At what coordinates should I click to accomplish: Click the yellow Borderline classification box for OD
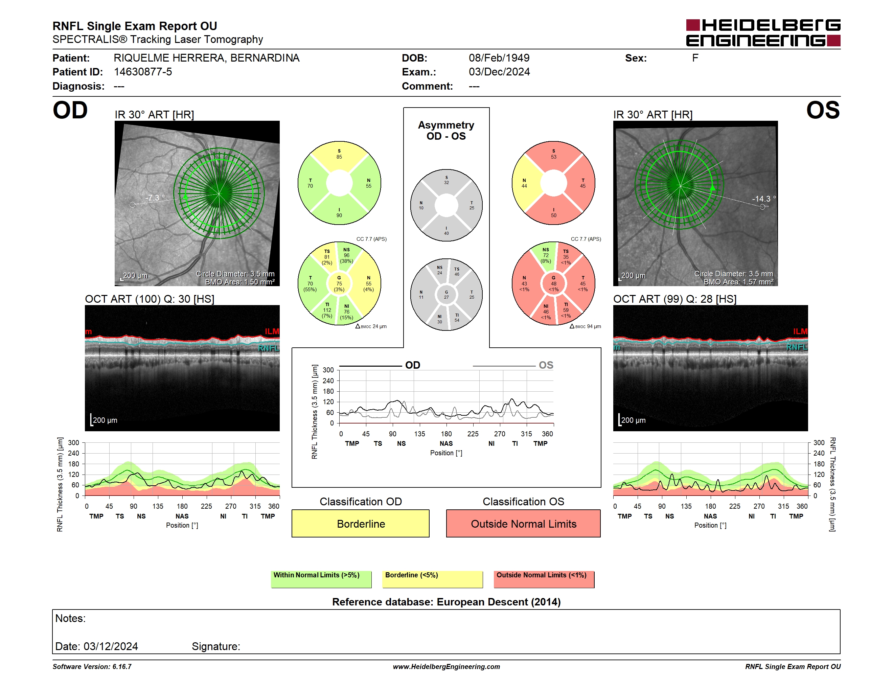point(360,523)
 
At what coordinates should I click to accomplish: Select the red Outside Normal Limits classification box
point(523,523)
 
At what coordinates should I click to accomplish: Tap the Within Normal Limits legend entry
point(321,579)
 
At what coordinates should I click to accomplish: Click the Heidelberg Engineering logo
point(763,33)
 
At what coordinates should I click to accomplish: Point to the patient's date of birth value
point(499,58)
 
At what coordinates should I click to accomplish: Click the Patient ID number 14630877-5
point(143,72)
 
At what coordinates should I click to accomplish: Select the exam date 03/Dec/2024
point(499,72)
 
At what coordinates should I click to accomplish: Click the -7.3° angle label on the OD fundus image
point(155,198)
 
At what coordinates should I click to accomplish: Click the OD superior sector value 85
point(339,157)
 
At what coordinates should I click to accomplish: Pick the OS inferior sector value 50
point(554,215)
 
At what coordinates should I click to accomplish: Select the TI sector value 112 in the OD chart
point(327,310)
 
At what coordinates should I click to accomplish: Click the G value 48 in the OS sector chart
point(554,284)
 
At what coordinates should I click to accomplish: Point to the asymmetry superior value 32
point(446,183)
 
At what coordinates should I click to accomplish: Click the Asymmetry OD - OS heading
point(446,131)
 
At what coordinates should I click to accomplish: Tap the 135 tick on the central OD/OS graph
point(419,434)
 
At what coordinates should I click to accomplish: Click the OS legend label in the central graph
point(546,365)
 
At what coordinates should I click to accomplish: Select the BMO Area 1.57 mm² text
point(738,282)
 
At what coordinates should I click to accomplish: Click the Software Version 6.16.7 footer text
point(92,667)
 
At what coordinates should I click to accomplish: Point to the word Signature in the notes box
point(215,646)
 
